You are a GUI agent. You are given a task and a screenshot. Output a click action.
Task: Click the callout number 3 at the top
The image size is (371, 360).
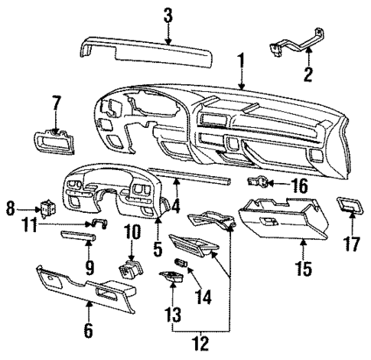click(x=168, y=15)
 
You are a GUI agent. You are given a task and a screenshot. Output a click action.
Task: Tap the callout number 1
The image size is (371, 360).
click(x=241, y=58)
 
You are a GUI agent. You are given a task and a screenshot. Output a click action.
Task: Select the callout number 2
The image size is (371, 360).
click(x=308, y=74)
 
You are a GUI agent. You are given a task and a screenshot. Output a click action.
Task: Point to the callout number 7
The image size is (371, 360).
click(x=55, y=102)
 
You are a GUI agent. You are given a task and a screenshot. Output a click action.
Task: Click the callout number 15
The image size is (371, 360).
click(x=304, y=269)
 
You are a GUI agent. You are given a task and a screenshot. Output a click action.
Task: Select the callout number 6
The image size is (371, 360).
click(x=89, y=331)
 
